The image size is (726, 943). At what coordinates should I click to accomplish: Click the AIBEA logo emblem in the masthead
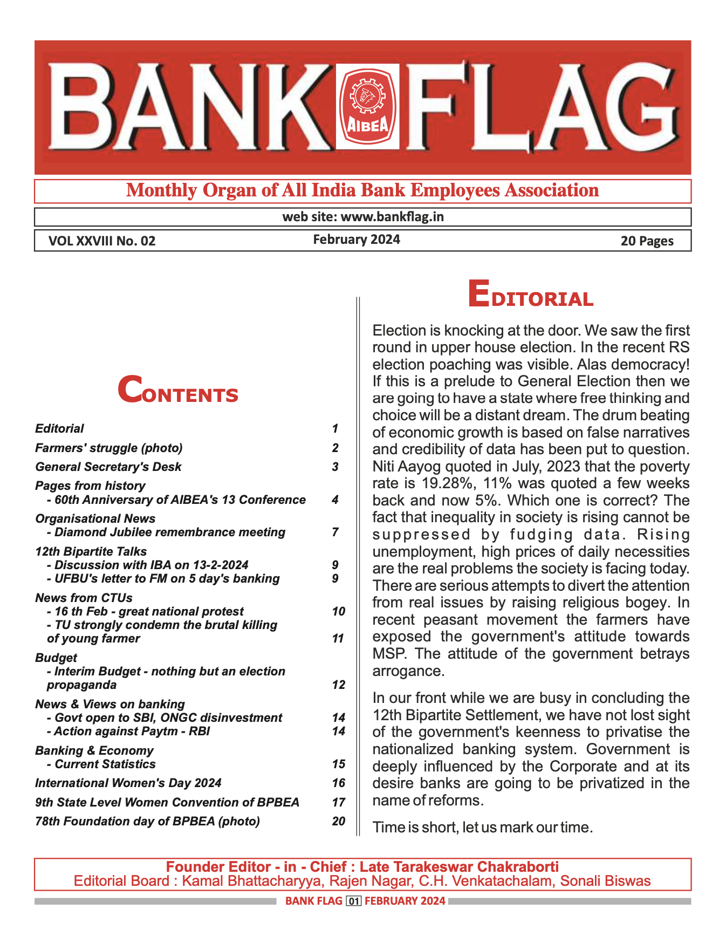point(367,106)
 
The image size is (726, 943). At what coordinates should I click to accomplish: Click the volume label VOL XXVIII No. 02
point(102,241)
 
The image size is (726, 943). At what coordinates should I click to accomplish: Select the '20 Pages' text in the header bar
point(647,241)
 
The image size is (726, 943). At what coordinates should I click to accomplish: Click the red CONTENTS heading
point(177,391)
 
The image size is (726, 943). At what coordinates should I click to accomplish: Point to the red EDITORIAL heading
point(530,295)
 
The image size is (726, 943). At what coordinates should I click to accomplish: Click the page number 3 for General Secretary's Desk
point(335,467)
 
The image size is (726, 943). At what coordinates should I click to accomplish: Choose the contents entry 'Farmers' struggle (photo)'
point(109,448)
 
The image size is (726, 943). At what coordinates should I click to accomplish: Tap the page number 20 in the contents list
point(338,821)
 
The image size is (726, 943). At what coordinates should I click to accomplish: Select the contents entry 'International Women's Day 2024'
point(128,783)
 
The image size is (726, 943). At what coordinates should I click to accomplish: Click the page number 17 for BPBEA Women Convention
point(338,802)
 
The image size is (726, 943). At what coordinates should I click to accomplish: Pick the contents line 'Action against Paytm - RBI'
point(132,732)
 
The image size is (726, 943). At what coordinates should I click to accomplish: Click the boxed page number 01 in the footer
point(353,901)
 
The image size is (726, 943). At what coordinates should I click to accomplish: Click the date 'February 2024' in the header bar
point(357,240)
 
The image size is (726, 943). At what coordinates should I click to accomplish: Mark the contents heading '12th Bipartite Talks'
point(91,551)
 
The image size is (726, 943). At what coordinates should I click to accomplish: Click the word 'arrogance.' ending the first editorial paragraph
point(408,671)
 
